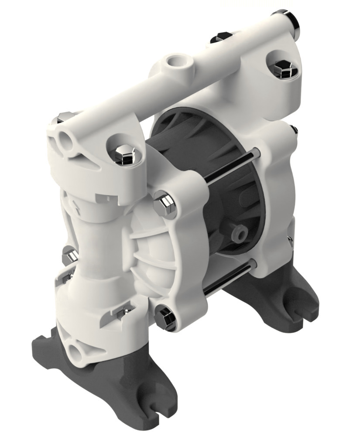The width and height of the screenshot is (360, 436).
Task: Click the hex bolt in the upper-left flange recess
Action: coord(125,155)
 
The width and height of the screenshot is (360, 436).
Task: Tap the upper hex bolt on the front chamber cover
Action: coord(165,204)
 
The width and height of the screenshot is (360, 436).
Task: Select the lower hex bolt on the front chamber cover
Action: coord(166,317)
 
